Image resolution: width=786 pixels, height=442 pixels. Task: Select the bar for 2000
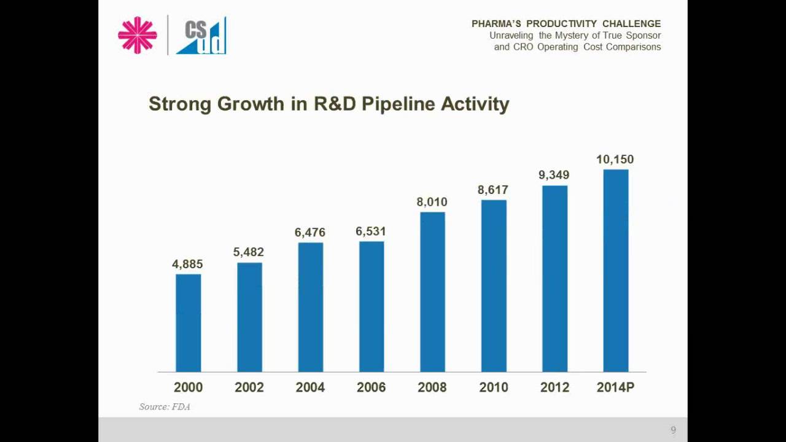[188, 323]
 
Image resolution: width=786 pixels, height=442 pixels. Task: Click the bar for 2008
[432, 292]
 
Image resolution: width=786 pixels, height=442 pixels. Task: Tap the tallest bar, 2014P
[615, 271]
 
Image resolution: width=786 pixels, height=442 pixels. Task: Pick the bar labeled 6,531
[372, 307]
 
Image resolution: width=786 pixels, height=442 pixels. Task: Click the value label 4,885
[187, 264]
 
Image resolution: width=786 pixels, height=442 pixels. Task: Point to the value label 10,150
[615, 160]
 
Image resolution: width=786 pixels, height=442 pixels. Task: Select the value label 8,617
[493, 190]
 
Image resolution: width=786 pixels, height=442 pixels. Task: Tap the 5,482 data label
[249, 252]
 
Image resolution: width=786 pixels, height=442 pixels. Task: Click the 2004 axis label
[310, 387]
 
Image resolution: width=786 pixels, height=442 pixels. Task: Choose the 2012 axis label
[554, 387]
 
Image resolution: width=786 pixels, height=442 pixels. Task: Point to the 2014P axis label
[615, 387]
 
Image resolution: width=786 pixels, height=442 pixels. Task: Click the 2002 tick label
[249, 387]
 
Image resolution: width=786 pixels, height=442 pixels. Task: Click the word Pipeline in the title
[398, 104]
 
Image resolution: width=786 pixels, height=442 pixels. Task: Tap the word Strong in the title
[180, 104]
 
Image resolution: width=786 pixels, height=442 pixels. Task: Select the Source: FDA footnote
[165, 406]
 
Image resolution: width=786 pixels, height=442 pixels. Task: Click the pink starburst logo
[138, 35]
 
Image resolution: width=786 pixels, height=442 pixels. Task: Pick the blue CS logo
[201, 36]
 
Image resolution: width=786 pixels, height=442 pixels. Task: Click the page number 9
[673, 430]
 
